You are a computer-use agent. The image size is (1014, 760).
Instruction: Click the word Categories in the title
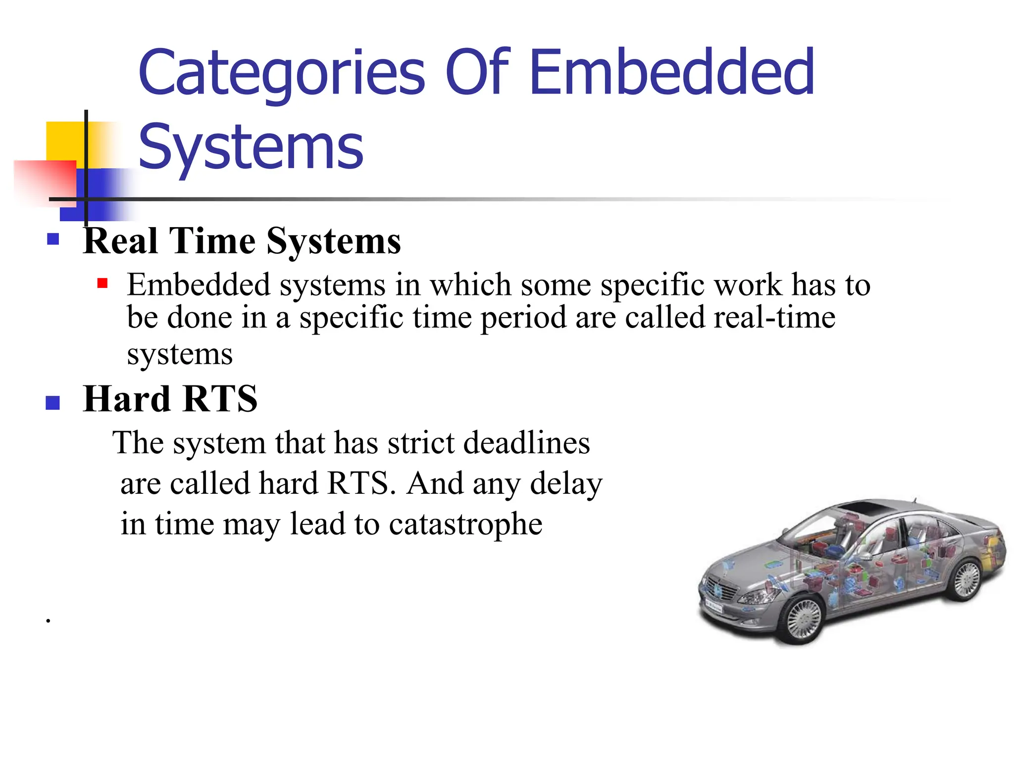pos(281,73)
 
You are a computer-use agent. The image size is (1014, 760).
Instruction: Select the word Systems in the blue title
pos(251,147)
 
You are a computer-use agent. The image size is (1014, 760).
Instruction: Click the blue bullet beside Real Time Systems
pos(53,240)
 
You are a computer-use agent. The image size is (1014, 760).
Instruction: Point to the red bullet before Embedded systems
pos(102,284)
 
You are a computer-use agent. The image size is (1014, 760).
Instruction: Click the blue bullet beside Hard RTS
pos(52,403)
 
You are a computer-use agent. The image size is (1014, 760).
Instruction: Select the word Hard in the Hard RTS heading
pos(126,399)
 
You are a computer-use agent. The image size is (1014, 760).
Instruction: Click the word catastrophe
pos(465,524)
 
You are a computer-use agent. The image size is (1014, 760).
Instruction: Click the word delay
pos(566,484)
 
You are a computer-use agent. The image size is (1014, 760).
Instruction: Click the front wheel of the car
pos(804,618)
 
